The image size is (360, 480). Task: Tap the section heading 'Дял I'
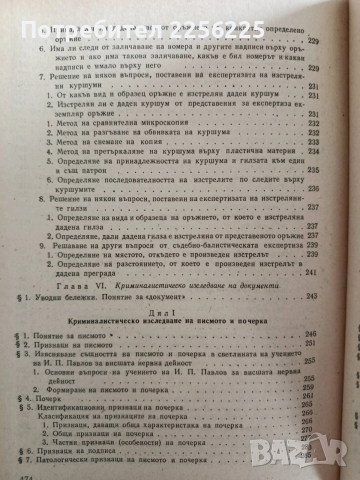(178, 285)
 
